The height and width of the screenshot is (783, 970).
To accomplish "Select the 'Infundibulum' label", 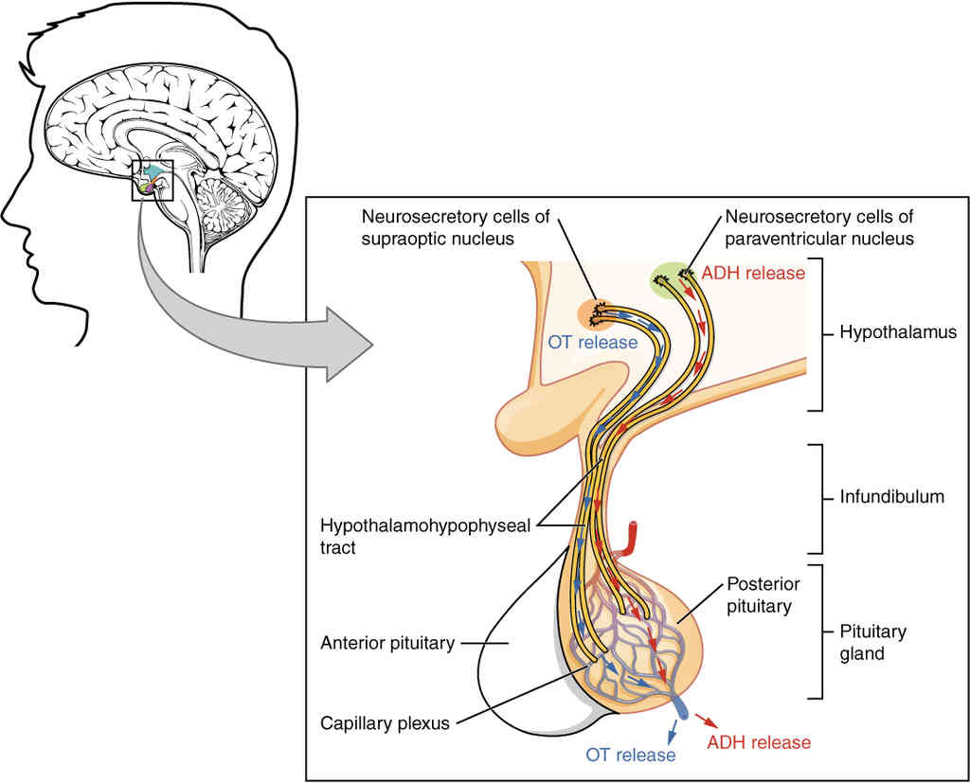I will pos(890,496).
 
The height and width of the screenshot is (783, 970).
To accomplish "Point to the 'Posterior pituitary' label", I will pos(759,594).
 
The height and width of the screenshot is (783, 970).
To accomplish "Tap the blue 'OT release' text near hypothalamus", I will pos(592,342).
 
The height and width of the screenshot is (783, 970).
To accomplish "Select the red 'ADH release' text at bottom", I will pos(760,742).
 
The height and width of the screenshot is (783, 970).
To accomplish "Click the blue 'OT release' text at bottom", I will pos(631,755).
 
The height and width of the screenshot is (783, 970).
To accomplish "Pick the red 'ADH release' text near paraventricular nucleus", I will pos(753,274).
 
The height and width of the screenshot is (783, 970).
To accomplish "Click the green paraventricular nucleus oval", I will pos(670,279).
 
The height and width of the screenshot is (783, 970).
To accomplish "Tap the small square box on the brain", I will pos(153,181).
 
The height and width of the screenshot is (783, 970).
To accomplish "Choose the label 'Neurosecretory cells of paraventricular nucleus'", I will pos(819,227).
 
